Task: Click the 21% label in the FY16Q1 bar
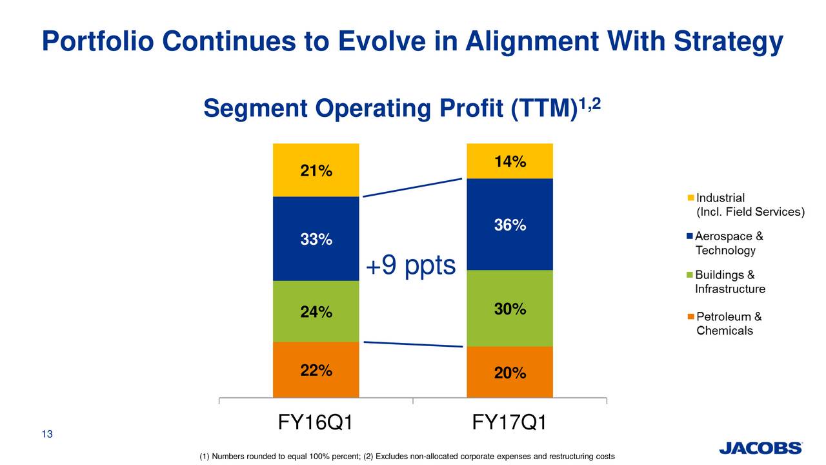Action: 316,171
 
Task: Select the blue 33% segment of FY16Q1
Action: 316,239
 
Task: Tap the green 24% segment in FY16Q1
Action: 316,312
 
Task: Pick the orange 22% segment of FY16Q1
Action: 316,370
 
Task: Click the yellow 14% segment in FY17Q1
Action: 510,162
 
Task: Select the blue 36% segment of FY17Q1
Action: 510,225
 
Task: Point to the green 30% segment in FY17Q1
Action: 510,309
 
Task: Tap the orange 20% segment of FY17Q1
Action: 510,373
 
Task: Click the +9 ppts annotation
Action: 411,265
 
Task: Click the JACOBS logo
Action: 760,448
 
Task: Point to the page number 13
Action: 46,434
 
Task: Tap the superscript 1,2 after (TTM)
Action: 590,103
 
